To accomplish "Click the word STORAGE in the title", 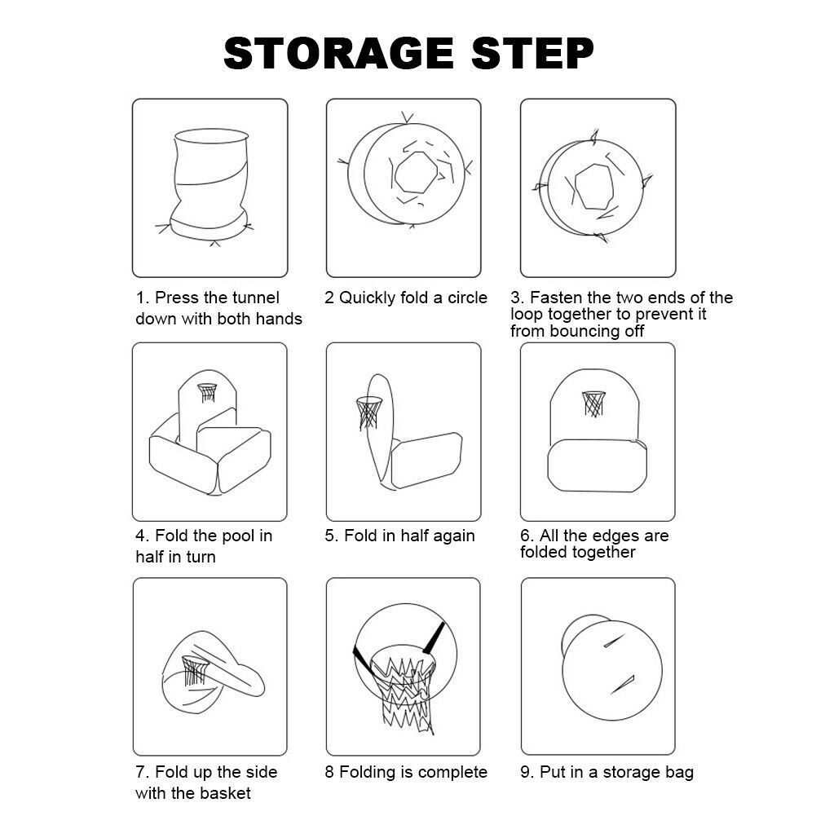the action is click(x=339, y=53).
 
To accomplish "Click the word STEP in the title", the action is click(x=532, y=53).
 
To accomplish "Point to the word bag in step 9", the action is click(x=680, y=774).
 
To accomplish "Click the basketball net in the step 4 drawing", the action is click(x=207, y=392).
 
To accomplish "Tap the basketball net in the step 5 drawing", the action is click(x=368, y=412).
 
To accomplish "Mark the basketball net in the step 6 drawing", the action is click(x=593, y=404).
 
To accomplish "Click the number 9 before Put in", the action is click(x=525, y=772).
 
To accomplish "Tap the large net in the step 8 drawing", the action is click(x=402, y=687).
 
